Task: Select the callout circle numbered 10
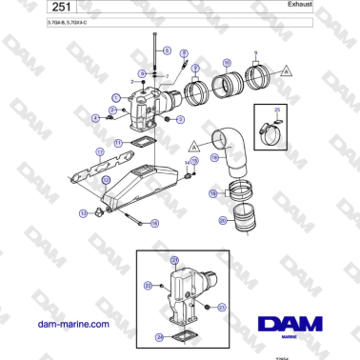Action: pyautogui.click(x=226, y=65)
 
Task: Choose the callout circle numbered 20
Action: pyautogui.click(x=222, y=220)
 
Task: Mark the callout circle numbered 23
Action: pyautogui.click(x=221, y=307)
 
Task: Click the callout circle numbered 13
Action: pyautogui.click(x=84, y=213)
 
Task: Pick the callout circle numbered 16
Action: pyautogui.click(x=155, y=222)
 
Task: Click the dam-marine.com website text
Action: pyautogui.click(x=72, y=324)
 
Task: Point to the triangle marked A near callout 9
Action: pyautogui.click(x=287, y=71)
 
